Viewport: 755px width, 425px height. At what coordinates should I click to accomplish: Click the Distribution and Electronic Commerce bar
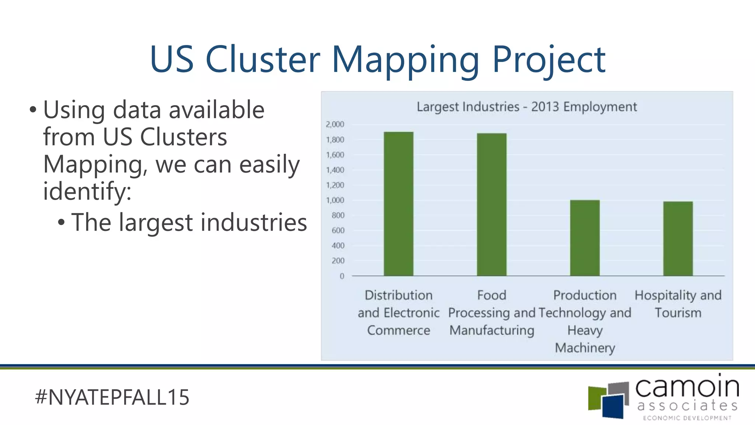click(x=399, y=204)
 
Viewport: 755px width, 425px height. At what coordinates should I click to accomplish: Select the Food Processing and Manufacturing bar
click(x=491, y=204)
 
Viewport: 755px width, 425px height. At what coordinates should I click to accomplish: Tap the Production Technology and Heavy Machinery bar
click(x=585, y=238)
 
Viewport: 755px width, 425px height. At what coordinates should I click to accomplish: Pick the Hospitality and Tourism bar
click(x=678, y=239)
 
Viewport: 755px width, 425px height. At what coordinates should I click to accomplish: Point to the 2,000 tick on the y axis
click(x=335, y=124)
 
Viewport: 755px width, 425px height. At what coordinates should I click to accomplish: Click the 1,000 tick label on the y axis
click(x=335, y=200)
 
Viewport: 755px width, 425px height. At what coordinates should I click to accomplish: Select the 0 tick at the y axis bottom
click(x=342, y=276)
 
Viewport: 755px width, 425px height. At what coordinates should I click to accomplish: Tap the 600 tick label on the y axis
click(x=338, y=231)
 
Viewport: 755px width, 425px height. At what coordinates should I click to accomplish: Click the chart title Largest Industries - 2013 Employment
click(x=526, y=107)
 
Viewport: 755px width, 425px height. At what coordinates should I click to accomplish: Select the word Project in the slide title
click(x=549, y=60)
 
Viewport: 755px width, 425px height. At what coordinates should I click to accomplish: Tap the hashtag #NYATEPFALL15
click(x=112, y=397)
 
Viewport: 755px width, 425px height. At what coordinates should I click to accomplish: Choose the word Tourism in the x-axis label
click(x=678, y=313)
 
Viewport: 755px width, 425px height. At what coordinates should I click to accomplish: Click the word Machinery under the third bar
click(x=585, y=348)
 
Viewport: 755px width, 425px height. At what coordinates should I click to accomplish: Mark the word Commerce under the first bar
click(x=399, y=330)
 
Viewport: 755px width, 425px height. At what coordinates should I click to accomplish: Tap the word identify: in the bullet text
click(x=87, y=191)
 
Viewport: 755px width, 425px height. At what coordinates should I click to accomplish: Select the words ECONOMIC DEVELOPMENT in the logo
click(x=687, y=418)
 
